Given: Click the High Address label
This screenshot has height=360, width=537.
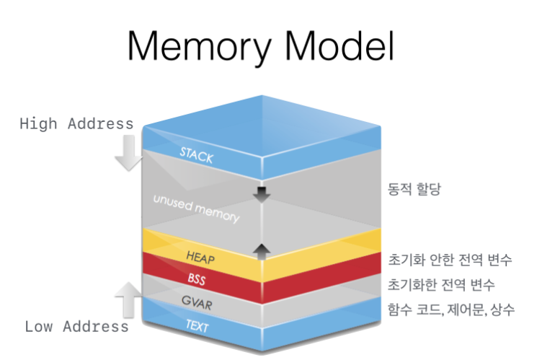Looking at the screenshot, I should click(76, 123).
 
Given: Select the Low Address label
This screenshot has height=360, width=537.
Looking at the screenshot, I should click(76, 326).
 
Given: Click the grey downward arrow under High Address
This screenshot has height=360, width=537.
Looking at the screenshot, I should click(128, 154).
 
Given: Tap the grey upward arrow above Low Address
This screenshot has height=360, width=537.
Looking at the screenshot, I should click(128, 297).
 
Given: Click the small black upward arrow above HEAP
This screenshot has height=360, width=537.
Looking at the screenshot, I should click(261, 250).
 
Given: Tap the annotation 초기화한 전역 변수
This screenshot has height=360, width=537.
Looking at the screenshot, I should click(441, 284).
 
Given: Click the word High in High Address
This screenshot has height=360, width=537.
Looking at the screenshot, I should click(42, 123).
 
